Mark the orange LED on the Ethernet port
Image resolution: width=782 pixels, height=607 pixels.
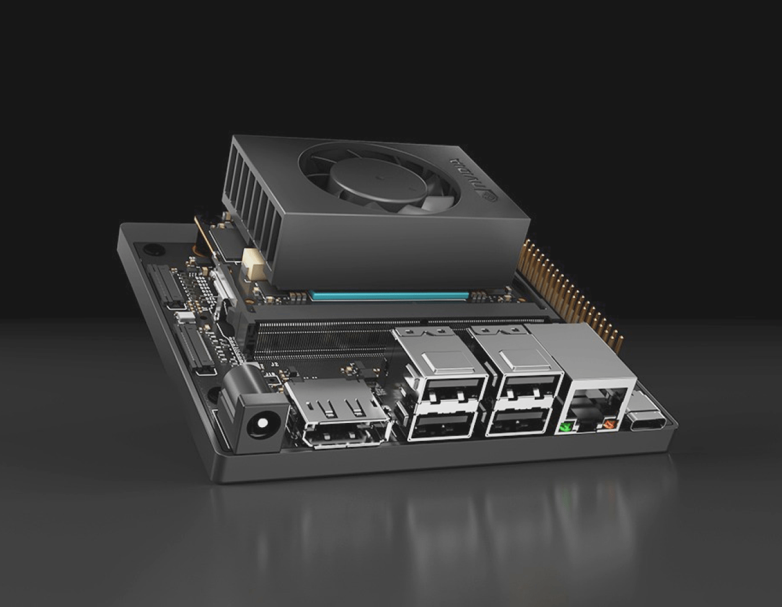pyautogui.click(x=609, y=425)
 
